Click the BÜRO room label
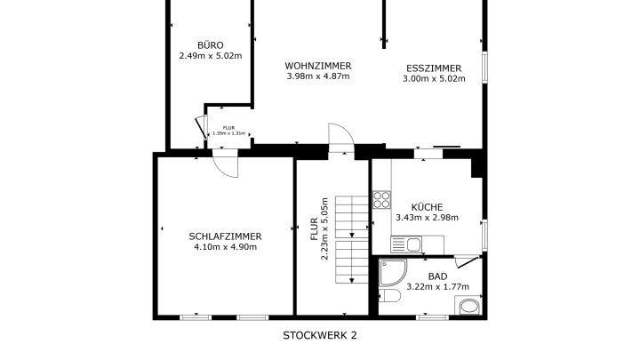coord(210,45)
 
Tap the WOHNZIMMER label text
coord(318,66)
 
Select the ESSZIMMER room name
coord(434,68)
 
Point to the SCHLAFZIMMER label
coord(225,236)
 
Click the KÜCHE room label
coord(427,207)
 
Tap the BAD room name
coord(437,276)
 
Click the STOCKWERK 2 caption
coord(320,335)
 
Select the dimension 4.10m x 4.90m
coord(225,247)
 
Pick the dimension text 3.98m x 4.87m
coord(318,76)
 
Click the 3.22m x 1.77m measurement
coord(437,287)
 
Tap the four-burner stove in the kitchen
coord(381,200)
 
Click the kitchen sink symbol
coord(406,245)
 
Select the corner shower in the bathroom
coord(393,272)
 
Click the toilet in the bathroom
coord(390,296)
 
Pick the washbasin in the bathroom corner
coord(468,305)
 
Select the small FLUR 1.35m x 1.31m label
coord(228,131)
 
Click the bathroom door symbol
coord(467,261)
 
